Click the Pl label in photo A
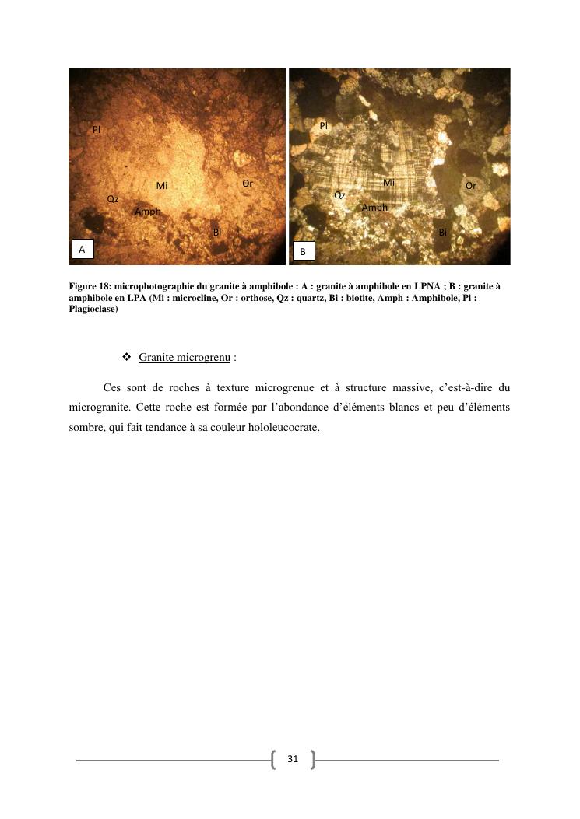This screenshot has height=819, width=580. point(97,130)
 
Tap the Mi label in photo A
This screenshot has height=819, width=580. point(162,186)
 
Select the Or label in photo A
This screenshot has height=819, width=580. point(247,184)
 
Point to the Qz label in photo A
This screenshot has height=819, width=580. point(113,200)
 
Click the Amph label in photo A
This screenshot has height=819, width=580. point(147,212)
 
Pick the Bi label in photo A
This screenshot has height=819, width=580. point(217,232)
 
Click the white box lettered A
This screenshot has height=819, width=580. point(82,249)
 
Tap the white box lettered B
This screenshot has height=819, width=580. point(304,251)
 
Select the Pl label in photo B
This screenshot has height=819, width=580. point(324,125)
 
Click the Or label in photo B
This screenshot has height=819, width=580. point(470,186)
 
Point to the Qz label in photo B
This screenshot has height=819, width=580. point(339,195)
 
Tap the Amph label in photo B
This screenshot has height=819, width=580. point(374,208)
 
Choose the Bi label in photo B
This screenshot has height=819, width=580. point(442,232)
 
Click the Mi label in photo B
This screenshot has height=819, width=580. point(389,183)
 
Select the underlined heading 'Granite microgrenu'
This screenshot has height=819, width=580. point(185,358)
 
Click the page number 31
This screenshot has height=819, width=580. point(293,759)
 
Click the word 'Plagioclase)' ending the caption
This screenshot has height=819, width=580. point(93,310)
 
